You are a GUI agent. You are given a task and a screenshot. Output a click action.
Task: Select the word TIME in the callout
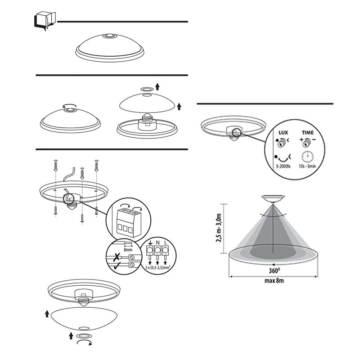tap(308, 133)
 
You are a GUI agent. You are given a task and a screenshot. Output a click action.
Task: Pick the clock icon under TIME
tap(308, 157)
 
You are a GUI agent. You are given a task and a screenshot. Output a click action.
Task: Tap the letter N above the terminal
tap(158, 243)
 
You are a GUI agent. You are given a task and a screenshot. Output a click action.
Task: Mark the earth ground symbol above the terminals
tap(149, 243)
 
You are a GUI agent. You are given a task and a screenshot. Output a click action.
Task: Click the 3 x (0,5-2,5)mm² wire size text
tap(158, 268)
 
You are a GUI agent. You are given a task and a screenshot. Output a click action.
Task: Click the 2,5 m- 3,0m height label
tap(220, 228)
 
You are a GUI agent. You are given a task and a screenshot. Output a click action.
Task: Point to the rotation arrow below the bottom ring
tap(85, 343)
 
